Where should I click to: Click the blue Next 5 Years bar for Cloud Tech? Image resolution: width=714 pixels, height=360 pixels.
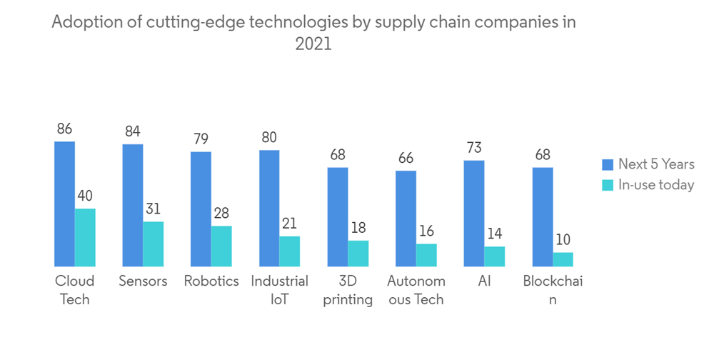click(64, 204)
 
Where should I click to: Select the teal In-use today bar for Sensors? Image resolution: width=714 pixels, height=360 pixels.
click(154, 244)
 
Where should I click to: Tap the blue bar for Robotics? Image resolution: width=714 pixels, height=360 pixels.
click(201, 209)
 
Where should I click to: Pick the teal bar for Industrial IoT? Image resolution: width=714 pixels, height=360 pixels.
click(290, 251)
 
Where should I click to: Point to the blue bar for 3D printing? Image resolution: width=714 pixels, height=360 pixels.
click(338, 216)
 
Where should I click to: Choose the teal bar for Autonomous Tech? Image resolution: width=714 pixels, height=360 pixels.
click(426, 254)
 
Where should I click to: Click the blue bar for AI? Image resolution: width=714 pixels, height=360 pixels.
click(474, 213)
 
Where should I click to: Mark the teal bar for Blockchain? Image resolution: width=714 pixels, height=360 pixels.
click(563, 259)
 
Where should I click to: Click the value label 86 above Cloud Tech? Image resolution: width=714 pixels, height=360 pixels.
click(64, 129)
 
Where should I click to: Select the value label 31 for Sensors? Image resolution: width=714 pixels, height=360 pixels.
click(154, 209)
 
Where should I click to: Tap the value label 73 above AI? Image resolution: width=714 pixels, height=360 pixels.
click(474, 148)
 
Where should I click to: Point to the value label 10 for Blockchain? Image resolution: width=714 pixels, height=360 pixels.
click(563, 240)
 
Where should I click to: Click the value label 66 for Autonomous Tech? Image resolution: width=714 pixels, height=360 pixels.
click(406, 158)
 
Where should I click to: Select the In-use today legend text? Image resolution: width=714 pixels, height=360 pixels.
click(656, 185)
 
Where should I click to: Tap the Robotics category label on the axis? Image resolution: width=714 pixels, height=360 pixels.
click(211, 281)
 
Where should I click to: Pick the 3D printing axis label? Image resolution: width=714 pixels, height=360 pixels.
click(348, 290)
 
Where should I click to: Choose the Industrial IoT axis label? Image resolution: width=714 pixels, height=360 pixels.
click(279, 290)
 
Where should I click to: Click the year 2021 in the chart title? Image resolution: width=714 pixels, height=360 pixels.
click(313, 44)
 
